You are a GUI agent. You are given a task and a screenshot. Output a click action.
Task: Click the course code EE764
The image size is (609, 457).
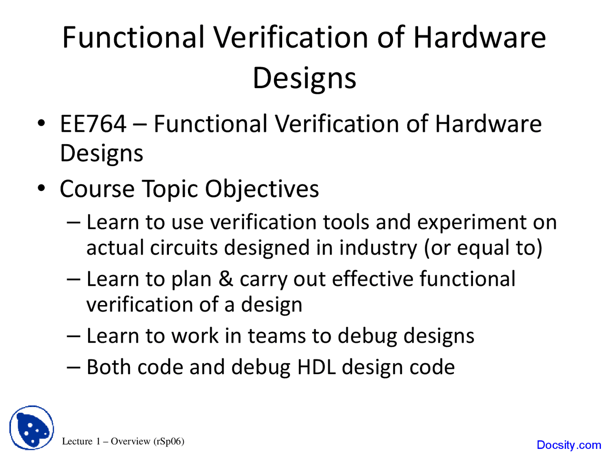click(93, 124)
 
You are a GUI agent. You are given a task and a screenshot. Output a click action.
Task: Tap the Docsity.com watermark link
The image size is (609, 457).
click(569, 445)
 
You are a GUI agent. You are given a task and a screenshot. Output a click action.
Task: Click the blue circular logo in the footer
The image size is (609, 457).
click(31, 427)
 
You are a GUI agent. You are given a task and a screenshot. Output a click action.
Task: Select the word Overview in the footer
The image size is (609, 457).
click(130, 441)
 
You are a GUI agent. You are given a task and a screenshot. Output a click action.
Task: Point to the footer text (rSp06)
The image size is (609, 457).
click(169, 441)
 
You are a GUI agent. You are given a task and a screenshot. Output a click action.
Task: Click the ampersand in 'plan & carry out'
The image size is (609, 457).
click(226, 279)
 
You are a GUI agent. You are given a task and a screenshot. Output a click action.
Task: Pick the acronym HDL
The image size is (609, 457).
click(316, 367)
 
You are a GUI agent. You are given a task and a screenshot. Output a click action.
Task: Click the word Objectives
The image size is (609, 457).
click(262, 189)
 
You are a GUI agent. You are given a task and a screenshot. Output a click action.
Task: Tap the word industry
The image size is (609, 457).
click(378, 248)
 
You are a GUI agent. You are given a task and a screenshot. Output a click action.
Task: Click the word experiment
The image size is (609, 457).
click(471, 222)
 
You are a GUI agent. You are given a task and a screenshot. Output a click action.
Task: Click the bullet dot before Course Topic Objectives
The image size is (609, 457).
click(41, 189)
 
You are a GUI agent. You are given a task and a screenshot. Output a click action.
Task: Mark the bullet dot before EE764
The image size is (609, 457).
click(41, 123)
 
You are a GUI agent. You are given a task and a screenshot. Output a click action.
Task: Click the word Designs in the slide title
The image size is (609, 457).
click(304, 79)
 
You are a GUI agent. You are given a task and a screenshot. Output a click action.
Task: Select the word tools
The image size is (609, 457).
click(346, 222)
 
